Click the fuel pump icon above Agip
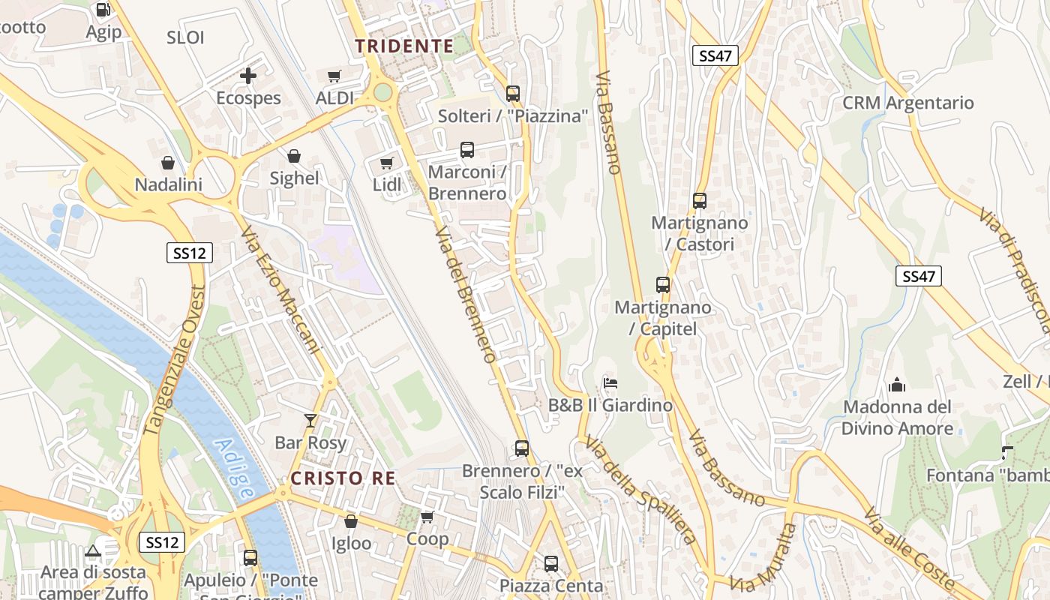pos(103,10)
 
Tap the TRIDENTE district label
pos(404,46)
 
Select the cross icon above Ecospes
pos(248,76)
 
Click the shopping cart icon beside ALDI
pos(334,76)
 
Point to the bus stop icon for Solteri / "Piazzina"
pos(513,94)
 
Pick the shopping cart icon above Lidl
pos(386,163)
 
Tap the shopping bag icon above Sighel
pos(294,156)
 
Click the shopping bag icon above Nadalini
pos(168,163)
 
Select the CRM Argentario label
pos(908,103)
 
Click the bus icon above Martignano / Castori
pos(700,201)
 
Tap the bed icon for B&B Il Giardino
pos(610,383)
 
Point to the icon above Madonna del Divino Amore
pos(896,385)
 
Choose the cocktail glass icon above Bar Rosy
pos(310,421)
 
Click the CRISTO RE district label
pos(343,478)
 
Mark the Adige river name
pos(234,469)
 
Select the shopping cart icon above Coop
pos(427,517)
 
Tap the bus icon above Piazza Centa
pos(551,563)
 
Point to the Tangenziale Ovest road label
pos(173,361)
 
